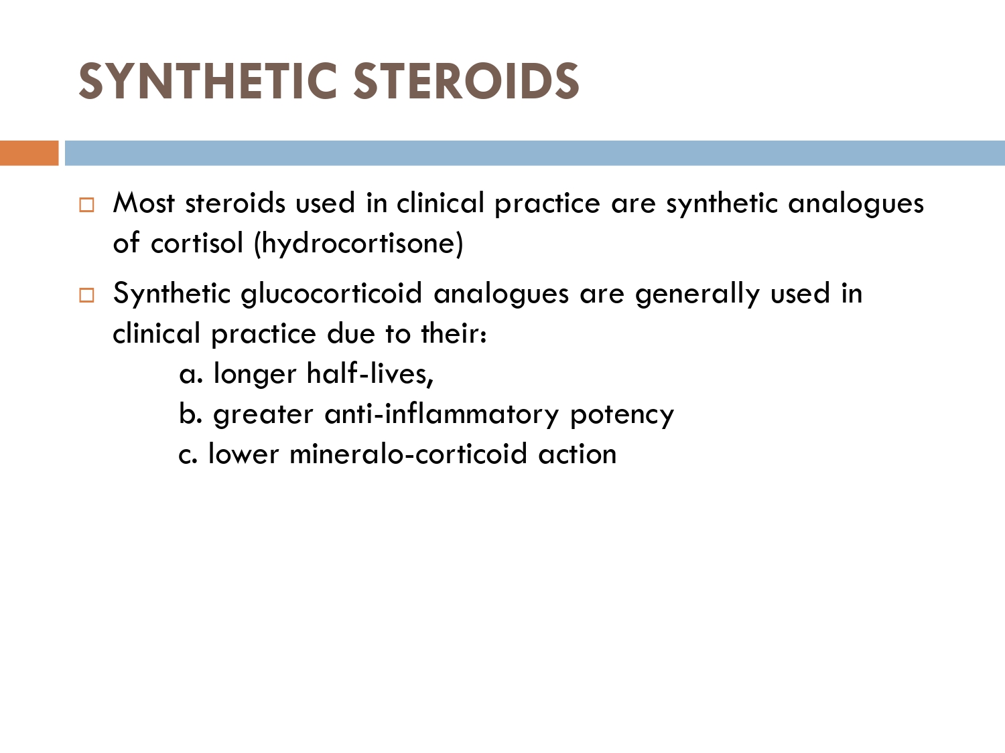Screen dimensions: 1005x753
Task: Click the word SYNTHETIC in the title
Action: [208, 82]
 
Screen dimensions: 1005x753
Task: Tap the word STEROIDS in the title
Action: [466, 82]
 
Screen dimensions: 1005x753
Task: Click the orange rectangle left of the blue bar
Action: [29, 153]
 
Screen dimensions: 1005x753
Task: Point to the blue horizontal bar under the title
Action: [535, 153]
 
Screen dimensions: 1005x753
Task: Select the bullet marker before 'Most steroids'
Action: [86, 205]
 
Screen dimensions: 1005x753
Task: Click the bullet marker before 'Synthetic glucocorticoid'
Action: [86, 295]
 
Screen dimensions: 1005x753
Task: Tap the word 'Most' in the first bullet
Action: [144, 203]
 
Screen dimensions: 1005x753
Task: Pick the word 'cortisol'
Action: [197, 243]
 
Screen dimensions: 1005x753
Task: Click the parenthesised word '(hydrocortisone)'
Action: [358, 244]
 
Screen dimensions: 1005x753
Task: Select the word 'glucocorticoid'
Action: [332, 295]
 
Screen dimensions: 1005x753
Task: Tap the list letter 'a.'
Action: [191, 374]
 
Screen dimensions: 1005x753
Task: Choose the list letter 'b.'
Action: [190, 413]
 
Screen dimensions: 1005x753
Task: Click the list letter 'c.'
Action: [188, 454]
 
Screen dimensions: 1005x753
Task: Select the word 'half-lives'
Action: [368, 373]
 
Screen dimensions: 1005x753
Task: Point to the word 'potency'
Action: [622, 415]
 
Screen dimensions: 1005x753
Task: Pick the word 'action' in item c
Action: [578, 454]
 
